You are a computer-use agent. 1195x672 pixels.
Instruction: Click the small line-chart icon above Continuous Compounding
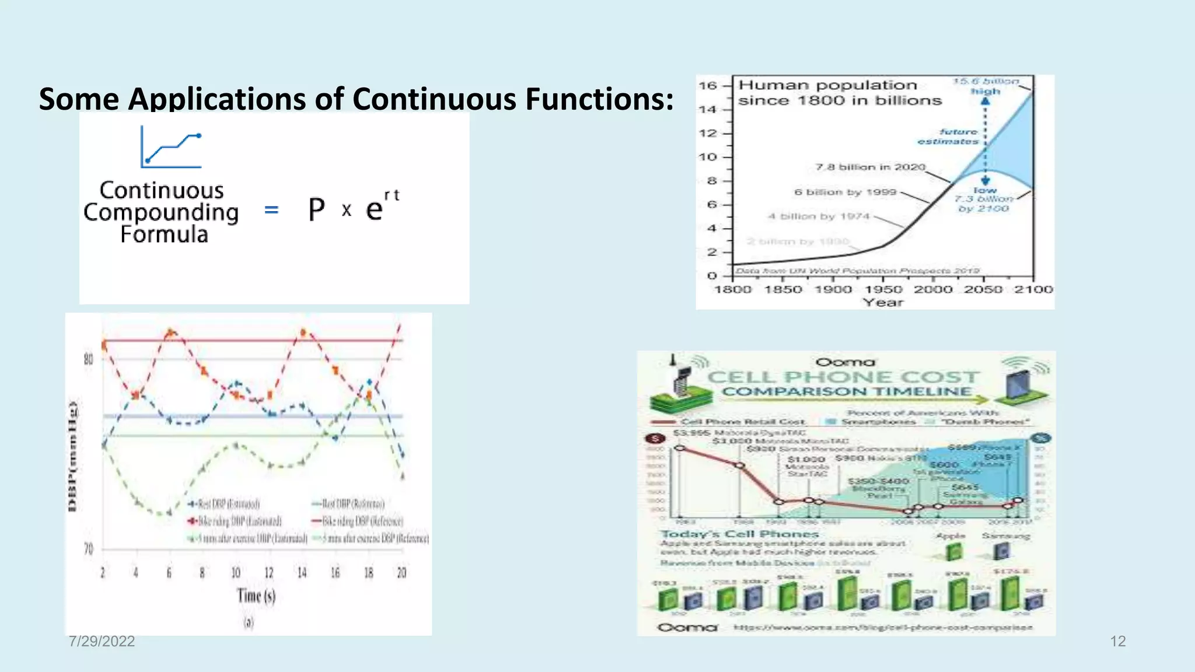[x=171, y=148]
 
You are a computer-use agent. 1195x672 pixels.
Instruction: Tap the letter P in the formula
[x=316, y=209]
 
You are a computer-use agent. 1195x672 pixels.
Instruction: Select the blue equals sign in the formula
[x=271, y=209]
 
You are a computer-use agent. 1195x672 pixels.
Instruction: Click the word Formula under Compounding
[x=164, y=235]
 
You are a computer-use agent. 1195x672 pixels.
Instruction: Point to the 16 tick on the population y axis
[x=708, y=86]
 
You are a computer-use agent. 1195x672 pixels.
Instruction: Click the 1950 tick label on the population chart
[x=883, y=289]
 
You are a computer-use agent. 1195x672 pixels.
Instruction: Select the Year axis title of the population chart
[x=883, y=302]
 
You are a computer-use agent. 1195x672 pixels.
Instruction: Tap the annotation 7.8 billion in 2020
[x=870, y=167]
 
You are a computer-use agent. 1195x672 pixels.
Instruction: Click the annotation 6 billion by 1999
[x=844, y=192]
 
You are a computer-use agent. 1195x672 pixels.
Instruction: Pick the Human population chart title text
[x=839, y=93]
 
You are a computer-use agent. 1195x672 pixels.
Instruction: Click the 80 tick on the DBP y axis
[x=88, y=359]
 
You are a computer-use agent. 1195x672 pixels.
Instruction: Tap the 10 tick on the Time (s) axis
[x=236, y=573]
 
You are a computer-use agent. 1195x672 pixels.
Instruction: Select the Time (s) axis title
[x=256, y=596]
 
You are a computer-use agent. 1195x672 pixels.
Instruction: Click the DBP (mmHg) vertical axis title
[x=73, y=457]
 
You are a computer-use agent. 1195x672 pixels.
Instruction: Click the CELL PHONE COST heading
[x=843, y=377]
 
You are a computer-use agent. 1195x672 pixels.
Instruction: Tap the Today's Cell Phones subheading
[x=739, y=534]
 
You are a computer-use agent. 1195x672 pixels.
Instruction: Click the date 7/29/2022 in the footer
[x=102, y=641]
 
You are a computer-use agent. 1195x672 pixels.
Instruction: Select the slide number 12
[x=1117, y=641]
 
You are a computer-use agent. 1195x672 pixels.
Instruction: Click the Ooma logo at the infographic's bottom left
[x=687, y=628]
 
